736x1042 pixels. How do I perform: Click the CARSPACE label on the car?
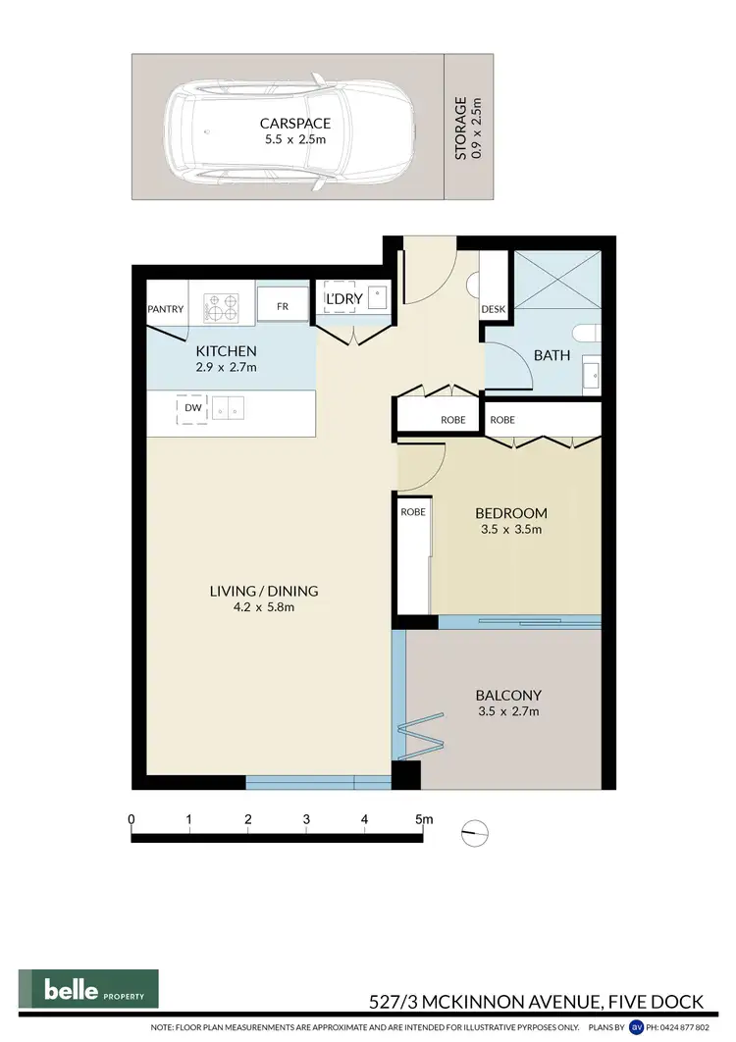pyautogui.click(x=295, y=124)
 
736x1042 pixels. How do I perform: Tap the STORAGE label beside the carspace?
pyautogui.click(x=460, y=129)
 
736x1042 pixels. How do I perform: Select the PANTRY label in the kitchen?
pyautogui.click(x=166, y=309)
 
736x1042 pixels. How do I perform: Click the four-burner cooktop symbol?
pyautogui.click(x=222, y=307)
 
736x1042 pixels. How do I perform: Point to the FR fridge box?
pyautogui.click(x=283, y=306)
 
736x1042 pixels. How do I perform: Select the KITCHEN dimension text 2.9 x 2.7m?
pyautogui.click(x=226, y=368)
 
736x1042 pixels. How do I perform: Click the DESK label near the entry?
pyautogui.click(x=493, y=310)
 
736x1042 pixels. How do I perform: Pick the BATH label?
pyautogui.click(x=552, y=355)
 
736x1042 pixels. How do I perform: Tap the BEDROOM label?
pyautogui.click(x=510, y=513)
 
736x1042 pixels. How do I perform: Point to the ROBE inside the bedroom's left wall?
pyautogui.click(x=411, y=512)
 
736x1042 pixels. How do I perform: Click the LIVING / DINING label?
pyautogui.click(x=264, y=591)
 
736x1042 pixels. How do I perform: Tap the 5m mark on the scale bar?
pyautogui.click(x=423, y=819)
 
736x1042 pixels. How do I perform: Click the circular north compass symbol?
pyautogui.click(x=475, y=832)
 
